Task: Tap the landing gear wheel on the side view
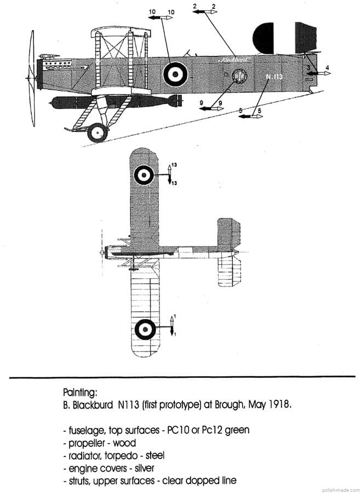coord(98,132)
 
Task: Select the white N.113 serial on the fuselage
coord(274,77)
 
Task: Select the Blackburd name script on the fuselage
coord(232,59)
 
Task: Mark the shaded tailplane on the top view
coord(228,235)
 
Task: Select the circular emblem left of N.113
coord(239,77)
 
